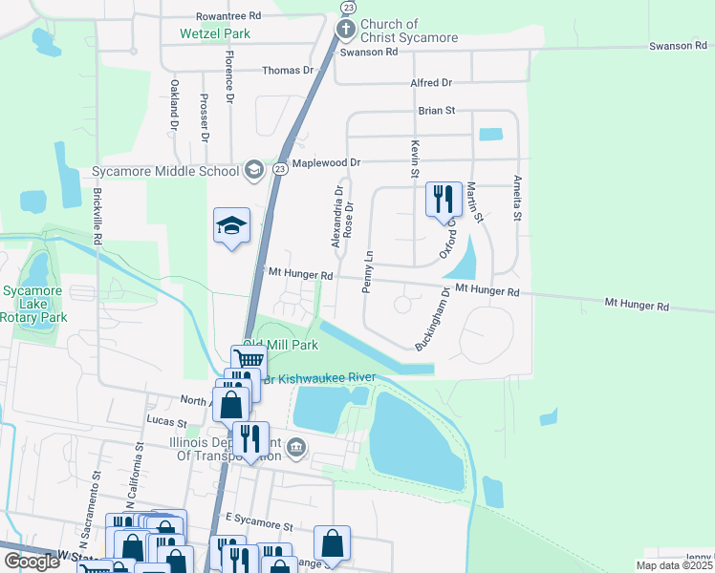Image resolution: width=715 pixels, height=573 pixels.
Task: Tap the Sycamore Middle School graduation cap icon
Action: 253,171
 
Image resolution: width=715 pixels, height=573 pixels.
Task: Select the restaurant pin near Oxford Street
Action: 444,201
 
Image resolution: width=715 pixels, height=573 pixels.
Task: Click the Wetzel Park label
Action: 215,32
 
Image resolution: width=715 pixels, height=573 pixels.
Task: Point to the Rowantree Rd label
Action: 227,16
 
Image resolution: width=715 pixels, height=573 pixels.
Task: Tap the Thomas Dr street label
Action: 288,71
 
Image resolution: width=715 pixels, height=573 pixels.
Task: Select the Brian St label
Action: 436,111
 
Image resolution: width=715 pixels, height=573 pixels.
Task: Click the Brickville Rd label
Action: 97,216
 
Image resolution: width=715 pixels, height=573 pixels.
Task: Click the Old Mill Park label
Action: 280,345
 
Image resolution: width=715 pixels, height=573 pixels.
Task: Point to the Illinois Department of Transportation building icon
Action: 296,446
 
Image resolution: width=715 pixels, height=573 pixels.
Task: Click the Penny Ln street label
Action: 368,272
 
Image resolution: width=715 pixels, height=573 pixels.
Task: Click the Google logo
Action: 32,562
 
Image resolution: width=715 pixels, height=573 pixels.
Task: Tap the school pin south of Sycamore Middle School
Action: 231,226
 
